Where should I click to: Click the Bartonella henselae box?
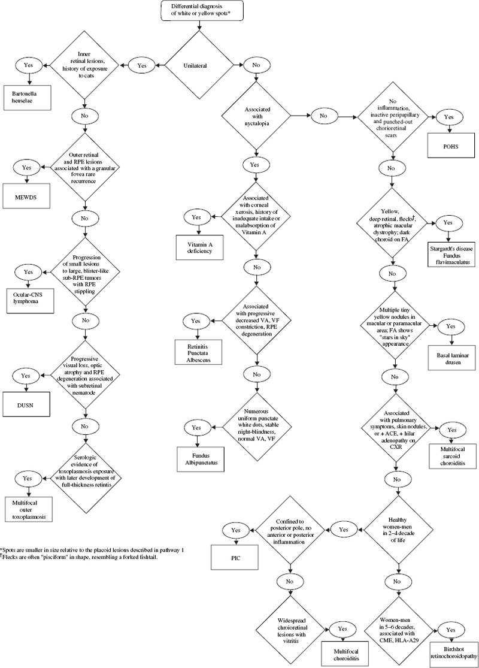(x=31, y=95)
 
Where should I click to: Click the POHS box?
(x=450, y=145)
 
